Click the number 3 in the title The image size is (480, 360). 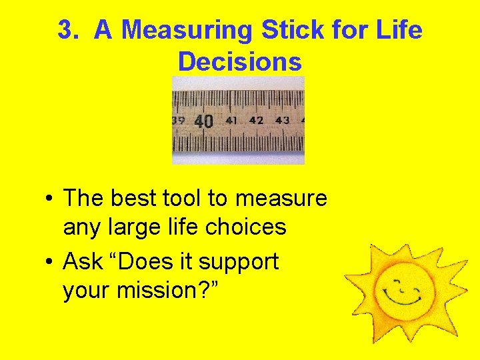(64, 31)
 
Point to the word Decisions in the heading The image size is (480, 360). (239, 62)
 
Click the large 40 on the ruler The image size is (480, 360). (204, 121)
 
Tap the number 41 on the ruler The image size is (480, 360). (231, 121)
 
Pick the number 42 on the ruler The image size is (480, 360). (256, 121)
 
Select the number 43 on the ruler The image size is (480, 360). (282, 121)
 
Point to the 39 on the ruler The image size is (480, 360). (178, 121)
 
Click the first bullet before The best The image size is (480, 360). (49, 199)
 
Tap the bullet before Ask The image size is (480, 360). (49, 262)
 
